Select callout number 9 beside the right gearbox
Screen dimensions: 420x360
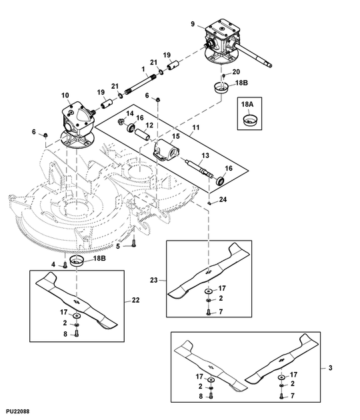pos(193,25)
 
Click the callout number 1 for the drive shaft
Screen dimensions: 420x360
pos(143,69)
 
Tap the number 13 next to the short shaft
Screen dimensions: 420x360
pos(205,155)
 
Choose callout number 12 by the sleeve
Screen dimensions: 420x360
pos(150,125)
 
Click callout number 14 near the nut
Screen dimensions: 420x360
pos(129,113)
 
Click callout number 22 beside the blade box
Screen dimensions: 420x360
pos(135,301)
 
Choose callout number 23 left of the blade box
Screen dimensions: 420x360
pos(154,281)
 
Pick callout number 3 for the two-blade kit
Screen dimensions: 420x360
pos(331,367)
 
